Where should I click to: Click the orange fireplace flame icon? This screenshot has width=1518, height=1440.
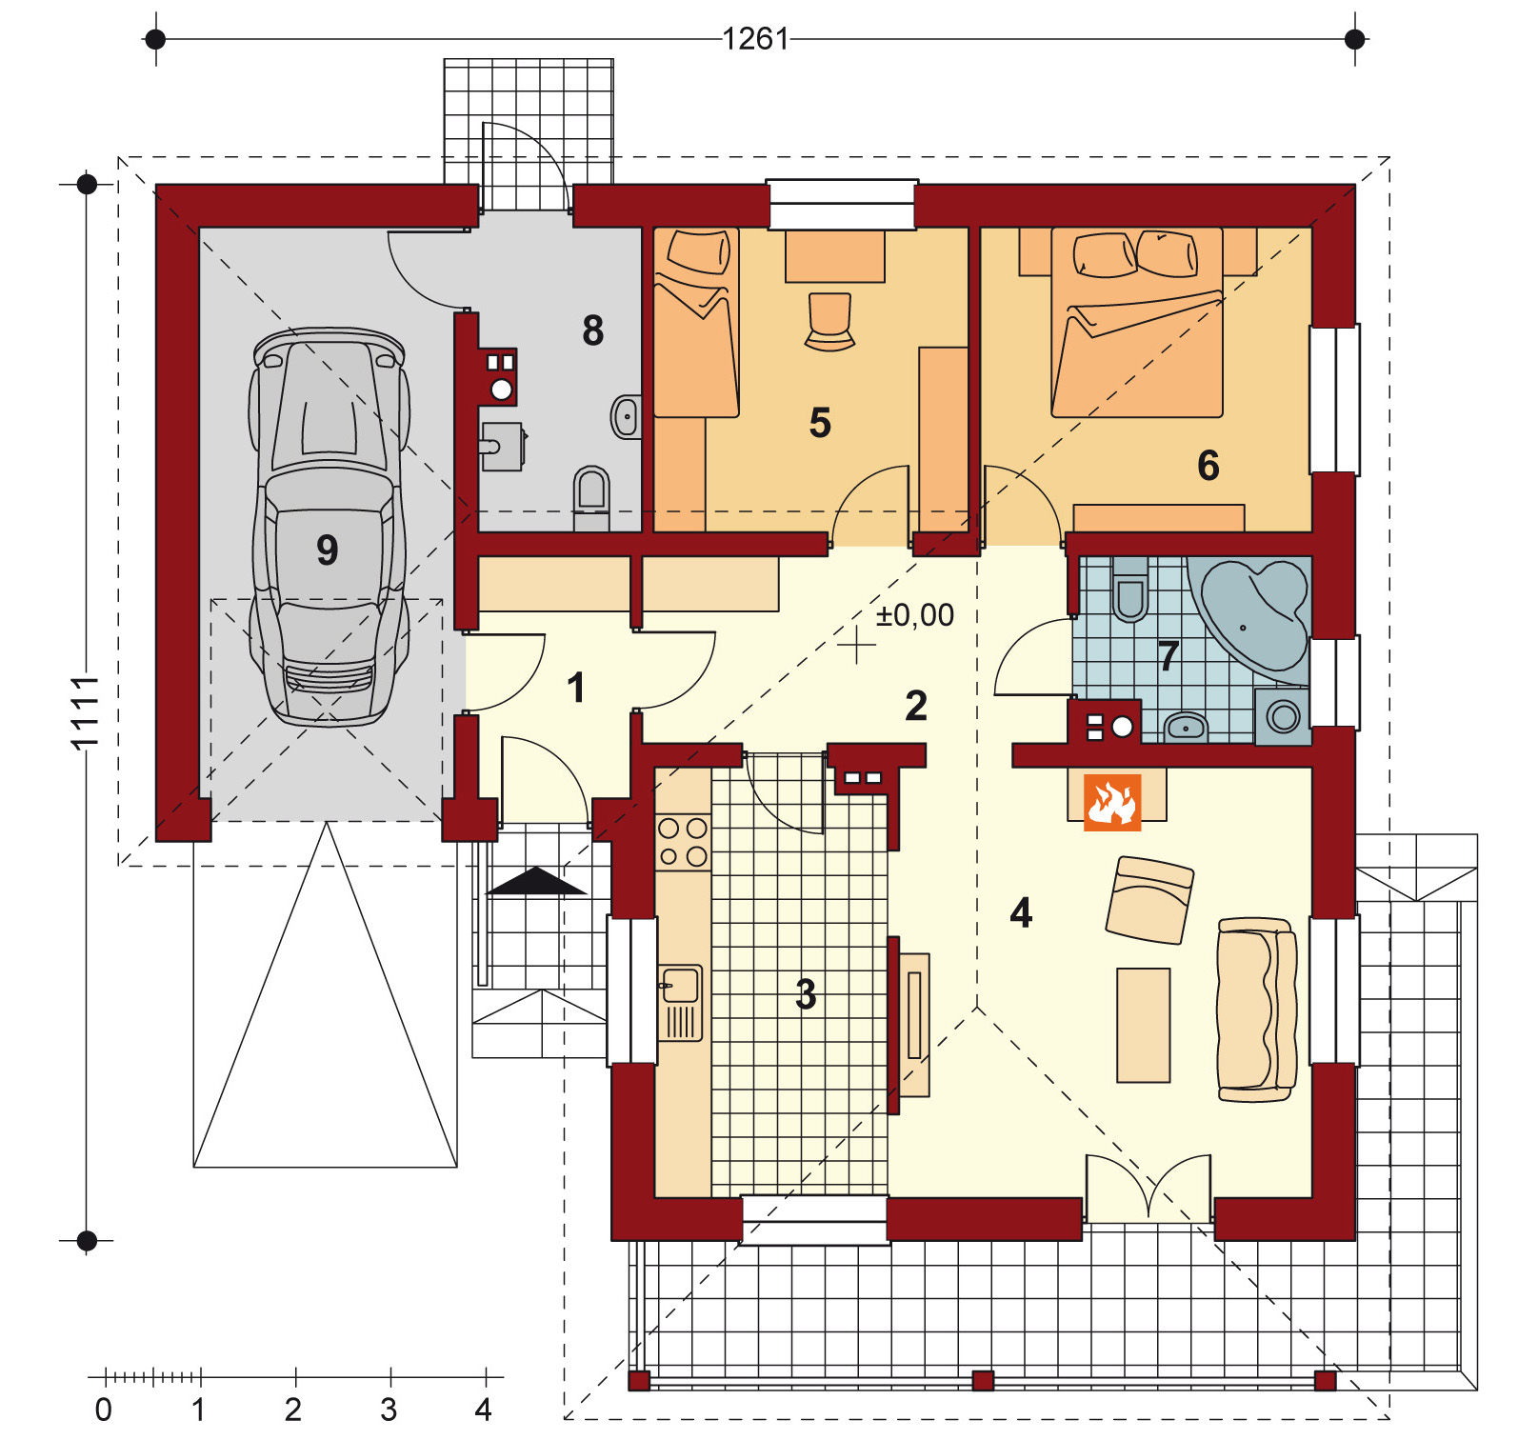1112,802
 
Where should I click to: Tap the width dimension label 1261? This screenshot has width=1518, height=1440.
755,39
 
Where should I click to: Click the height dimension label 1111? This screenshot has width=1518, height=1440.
85,712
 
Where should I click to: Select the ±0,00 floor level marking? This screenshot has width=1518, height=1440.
914,615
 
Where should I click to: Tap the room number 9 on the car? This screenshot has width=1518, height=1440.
327,550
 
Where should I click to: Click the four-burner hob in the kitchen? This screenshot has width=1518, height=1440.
683,842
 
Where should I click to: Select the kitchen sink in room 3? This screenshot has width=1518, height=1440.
680,987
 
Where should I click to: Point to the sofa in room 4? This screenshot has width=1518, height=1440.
1256,1010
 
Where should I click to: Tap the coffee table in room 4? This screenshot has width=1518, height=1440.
1143,1025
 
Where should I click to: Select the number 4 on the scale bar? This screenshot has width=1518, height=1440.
484,1409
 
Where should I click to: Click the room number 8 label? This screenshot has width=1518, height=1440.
592,330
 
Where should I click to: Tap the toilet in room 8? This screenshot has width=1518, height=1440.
591,492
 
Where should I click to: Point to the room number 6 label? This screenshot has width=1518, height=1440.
1208,466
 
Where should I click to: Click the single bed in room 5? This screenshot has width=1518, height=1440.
696,324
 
